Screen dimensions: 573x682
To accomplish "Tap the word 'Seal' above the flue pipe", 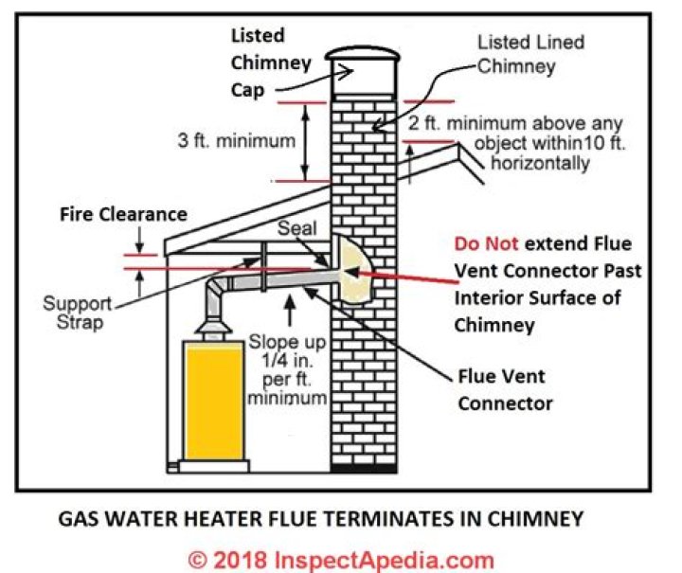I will [296, 230].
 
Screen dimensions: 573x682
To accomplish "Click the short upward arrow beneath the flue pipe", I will [290, 308].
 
